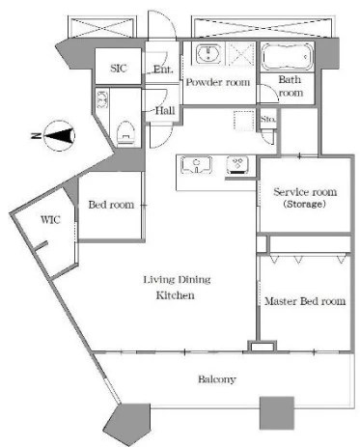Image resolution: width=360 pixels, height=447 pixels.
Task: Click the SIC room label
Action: pyautogui.click(x=119, y=69)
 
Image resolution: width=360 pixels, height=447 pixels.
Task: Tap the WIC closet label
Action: pyautogui.click(x=50, y=220)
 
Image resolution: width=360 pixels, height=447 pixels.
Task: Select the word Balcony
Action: pyautogui.click(x=216, y=379)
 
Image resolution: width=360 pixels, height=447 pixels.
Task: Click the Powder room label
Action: pyautogui.click(x=218, y=82)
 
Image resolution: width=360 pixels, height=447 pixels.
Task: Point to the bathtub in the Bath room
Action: pyautogui.click(x=287, y=57)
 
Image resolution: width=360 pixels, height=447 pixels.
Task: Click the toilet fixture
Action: pyautogui.click(x=125, y=133)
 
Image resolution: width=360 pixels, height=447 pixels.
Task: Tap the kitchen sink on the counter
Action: pyautogui.click(x=196, y=165)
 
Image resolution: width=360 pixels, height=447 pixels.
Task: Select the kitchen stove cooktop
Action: pyautogui.click(x=237, y=165)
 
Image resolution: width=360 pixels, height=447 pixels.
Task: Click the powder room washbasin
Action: pyautogui.click(x=208, y=54)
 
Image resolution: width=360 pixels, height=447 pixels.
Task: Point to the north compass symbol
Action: pyautogui.click(x=59, y=136)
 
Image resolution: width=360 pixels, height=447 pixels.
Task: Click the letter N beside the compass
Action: pyautogui.click(x=35, y=136)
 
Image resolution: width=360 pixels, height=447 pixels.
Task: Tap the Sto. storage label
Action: pyautogui.click(x=267, y=119)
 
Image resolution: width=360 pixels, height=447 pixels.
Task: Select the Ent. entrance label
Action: pyautogui.click(x=163, y=70)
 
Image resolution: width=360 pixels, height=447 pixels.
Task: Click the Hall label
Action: pyautogui.click(x=165, y=111)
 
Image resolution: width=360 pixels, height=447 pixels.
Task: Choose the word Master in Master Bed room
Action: pyautogui.click(x=281, y=301)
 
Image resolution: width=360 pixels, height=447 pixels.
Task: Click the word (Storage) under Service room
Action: pyautogui.click(x=304, y=204)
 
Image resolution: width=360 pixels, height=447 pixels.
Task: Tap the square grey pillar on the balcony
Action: pyautogui.click(x=277, y=413)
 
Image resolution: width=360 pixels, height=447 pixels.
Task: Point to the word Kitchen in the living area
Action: pyautogui.click(x=176, y=295)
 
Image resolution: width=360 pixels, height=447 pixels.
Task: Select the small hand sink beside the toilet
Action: pyautogui.click(x=102, y=99)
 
